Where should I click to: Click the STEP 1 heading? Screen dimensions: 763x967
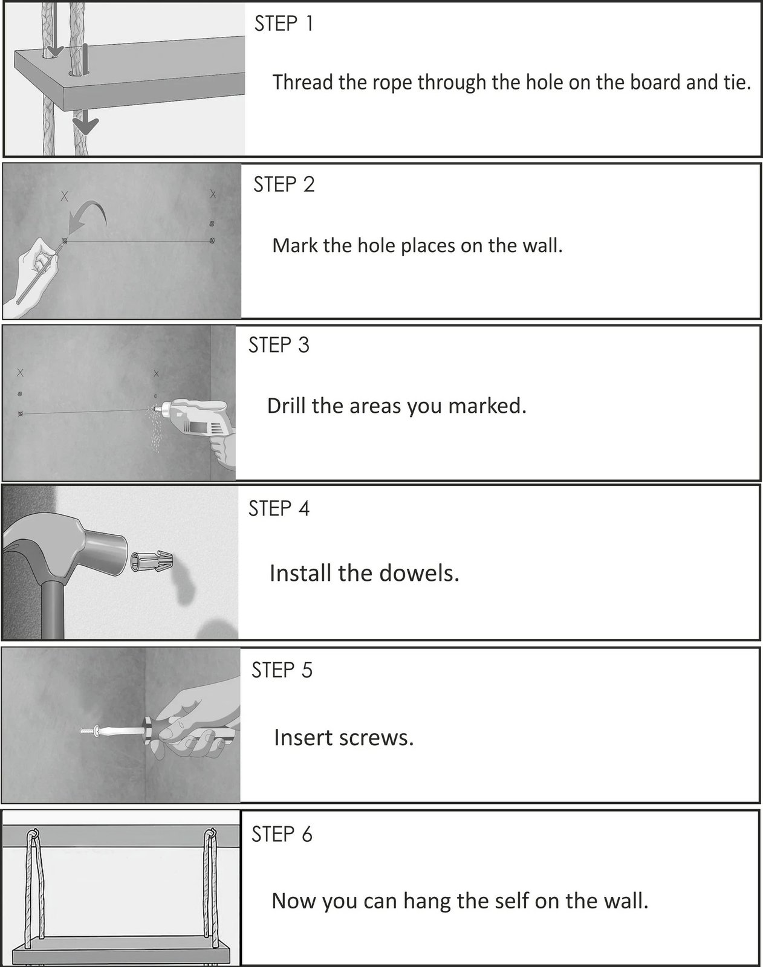tap(284, 24)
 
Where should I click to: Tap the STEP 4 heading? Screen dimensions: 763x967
tap(279, 509)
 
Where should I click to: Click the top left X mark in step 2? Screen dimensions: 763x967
tap(65, 196)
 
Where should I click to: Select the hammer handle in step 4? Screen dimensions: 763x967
tap(53, 610)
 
